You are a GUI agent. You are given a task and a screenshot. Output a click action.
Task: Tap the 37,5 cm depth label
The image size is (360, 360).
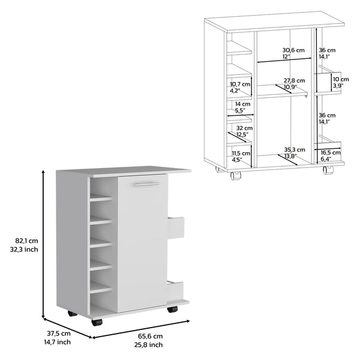click(59, 333)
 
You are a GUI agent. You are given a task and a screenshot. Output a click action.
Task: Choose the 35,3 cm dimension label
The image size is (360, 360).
click(294, 149)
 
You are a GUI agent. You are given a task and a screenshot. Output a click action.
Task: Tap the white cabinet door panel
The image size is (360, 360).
click(143, 246)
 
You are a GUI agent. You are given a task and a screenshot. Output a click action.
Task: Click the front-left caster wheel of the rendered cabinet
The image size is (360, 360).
click(97, 322)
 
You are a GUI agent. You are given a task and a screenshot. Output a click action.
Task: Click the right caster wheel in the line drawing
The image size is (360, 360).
click(328, 171)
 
